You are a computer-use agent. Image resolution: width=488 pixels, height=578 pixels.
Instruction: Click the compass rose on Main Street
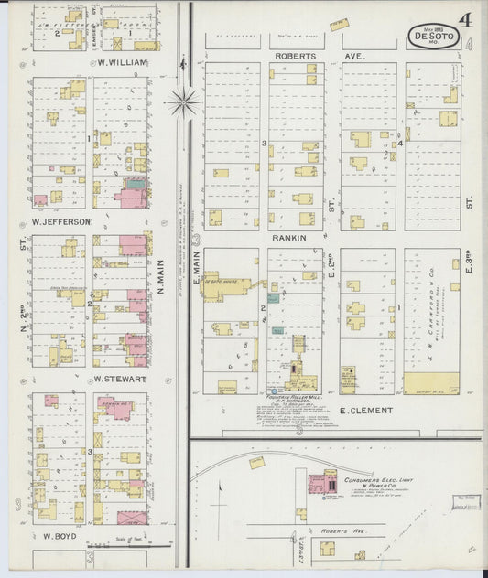tap(183, 102)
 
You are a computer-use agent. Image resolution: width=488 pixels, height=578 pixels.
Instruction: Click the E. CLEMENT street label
tap(365, 411)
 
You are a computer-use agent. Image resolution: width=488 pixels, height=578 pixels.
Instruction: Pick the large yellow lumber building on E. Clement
tap(431, 383)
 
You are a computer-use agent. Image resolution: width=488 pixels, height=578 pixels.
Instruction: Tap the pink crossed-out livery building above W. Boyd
tap(131, 518)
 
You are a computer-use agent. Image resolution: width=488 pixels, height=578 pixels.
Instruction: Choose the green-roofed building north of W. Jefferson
tap(136, 184)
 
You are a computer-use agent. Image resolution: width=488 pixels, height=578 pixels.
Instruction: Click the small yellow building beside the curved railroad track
tap(256, 463)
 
